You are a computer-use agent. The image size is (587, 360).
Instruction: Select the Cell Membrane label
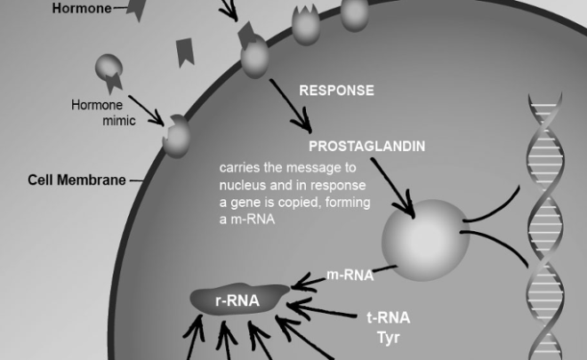pos(75,180)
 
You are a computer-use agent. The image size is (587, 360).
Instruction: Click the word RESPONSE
pos(336,91)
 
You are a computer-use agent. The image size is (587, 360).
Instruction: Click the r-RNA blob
pos(238,300)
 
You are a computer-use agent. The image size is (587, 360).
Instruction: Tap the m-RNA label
pos(350,276)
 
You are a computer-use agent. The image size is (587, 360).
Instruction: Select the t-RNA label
pos(389,316)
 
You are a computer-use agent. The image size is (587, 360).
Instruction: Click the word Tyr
pos(389,337)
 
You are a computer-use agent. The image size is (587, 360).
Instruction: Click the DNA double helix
pos(543,222)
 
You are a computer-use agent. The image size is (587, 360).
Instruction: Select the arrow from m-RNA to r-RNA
pos(308,281)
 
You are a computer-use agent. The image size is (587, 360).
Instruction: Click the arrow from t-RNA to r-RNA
pos(325,311)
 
